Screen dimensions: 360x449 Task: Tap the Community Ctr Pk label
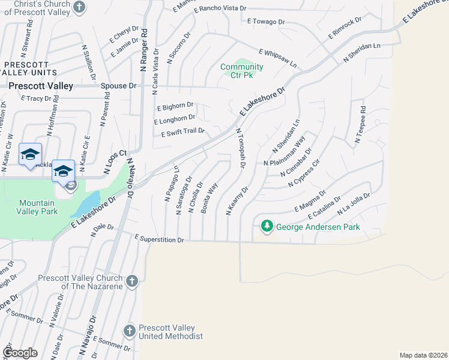(x=241, y=71)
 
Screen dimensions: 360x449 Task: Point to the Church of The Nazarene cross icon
(x=131, y=280)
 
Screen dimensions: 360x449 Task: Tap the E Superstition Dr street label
(x=159, y=239)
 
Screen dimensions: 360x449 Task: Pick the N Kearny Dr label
(x=237, y=200)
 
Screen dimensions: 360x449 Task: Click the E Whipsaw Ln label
(x=277, y=58)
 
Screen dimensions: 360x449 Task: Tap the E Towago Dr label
(x=266, y=22)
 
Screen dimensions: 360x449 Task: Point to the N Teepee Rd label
(x=360, y=125)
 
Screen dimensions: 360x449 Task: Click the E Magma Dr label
(x=309, y=201)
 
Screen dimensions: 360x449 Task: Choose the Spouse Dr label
(x=118, y=86)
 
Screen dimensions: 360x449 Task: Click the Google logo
(x=20, y=353)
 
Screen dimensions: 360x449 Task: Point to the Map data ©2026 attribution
(x=423, y=355)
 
